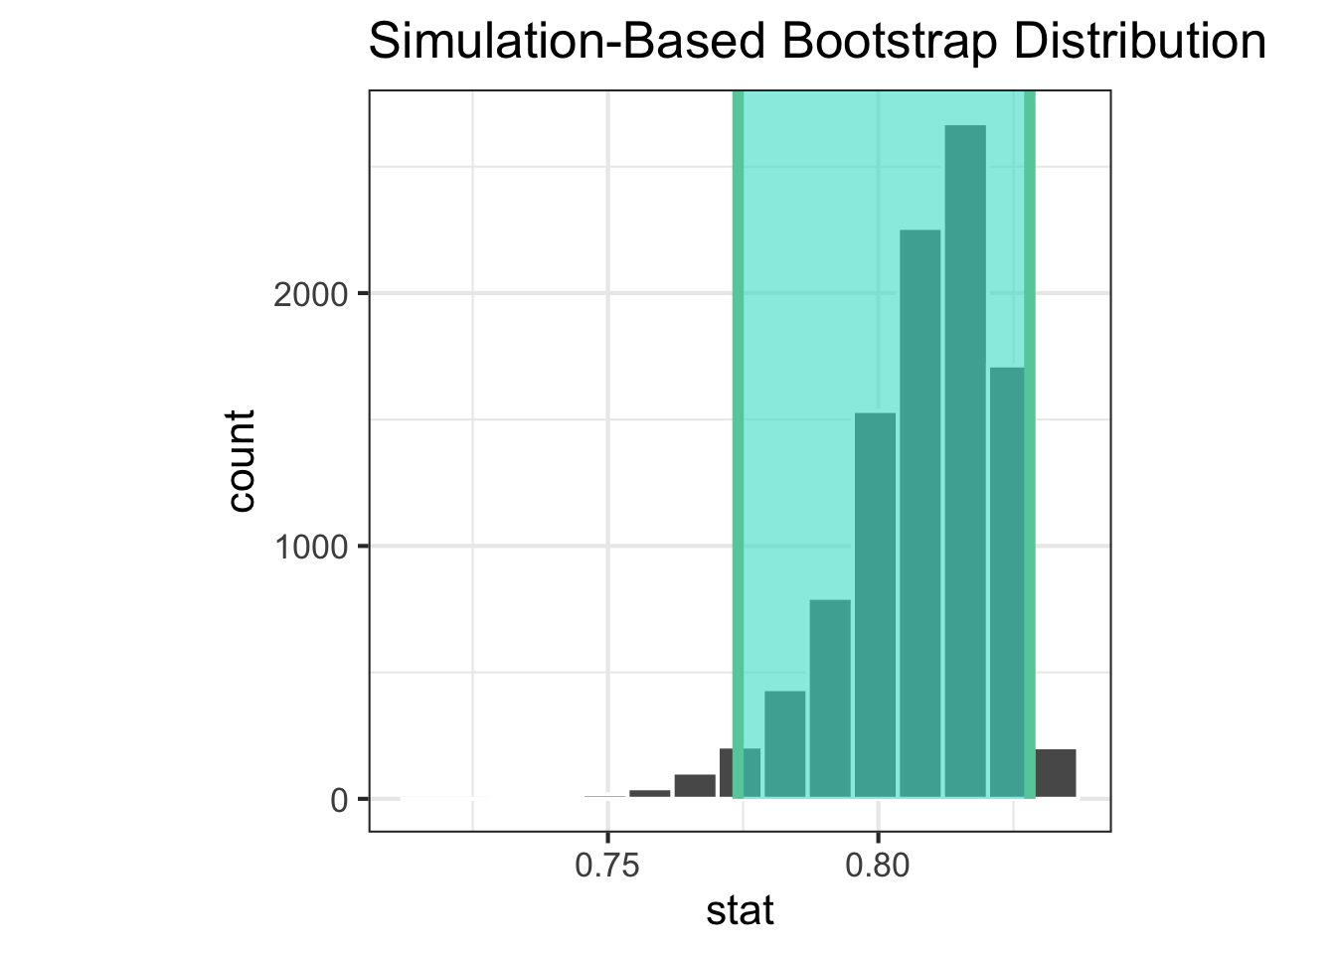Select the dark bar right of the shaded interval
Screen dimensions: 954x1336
[1056, 773]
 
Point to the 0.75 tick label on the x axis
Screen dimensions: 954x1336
[607, 866]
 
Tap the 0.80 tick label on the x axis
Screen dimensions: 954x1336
[878, 866]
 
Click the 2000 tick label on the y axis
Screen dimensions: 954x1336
[309, 294]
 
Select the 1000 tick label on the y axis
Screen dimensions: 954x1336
[309, 547]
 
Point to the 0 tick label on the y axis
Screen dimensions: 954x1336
[338, 800]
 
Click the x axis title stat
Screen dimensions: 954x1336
[740, 911]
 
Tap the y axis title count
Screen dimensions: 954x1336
[242, 460]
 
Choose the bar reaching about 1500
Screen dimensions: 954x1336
[875, 605]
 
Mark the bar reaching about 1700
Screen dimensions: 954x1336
[1006, 582]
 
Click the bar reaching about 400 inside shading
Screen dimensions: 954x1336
[784, 744]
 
